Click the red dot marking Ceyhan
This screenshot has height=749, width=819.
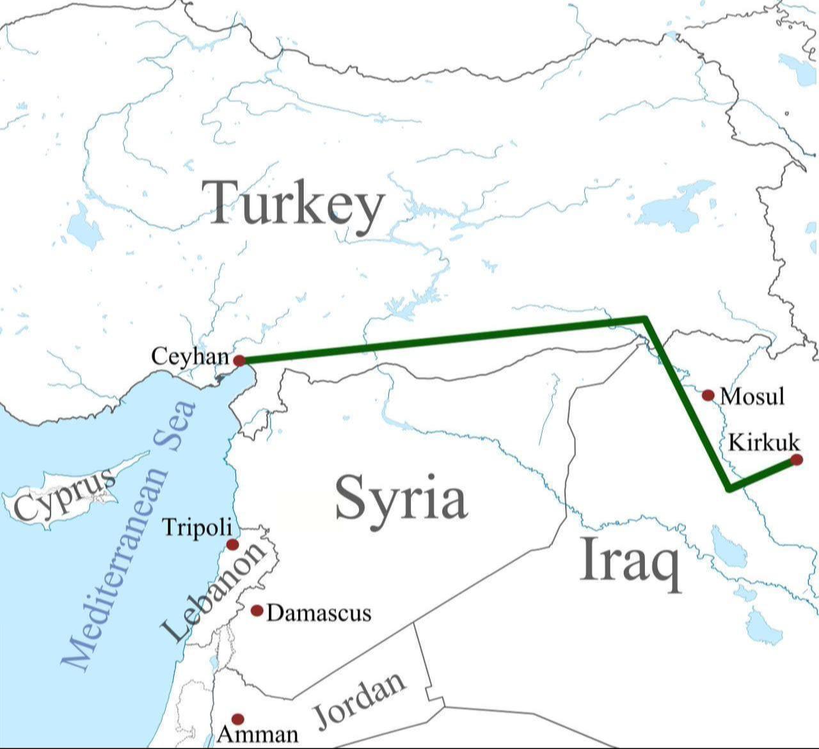tap(239, 361)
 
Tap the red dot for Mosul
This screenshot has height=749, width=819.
tap(708, 395)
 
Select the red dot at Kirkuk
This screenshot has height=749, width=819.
tap(796, 459)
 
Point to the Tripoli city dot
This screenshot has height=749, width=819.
tap(233, 544)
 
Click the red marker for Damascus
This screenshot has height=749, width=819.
tap(257, 611)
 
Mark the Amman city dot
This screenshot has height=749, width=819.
tap(238, 719)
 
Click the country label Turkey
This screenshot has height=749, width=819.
tap(294, 203)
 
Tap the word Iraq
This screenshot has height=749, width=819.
tap(630, 561)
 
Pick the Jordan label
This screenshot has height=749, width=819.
tap(360, 699)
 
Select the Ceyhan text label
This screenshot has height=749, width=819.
tap(189, 356)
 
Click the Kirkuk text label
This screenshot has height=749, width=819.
tap(764, 442)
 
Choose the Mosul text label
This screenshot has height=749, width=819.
tap(752, 397)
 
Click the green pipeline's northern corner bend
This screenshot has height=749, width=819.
tap(645, 319)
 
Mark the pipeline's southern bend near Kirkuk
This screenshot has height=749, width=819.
tap(729, 489)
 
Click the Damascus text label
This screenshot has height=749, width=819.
tap(319, 613)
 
